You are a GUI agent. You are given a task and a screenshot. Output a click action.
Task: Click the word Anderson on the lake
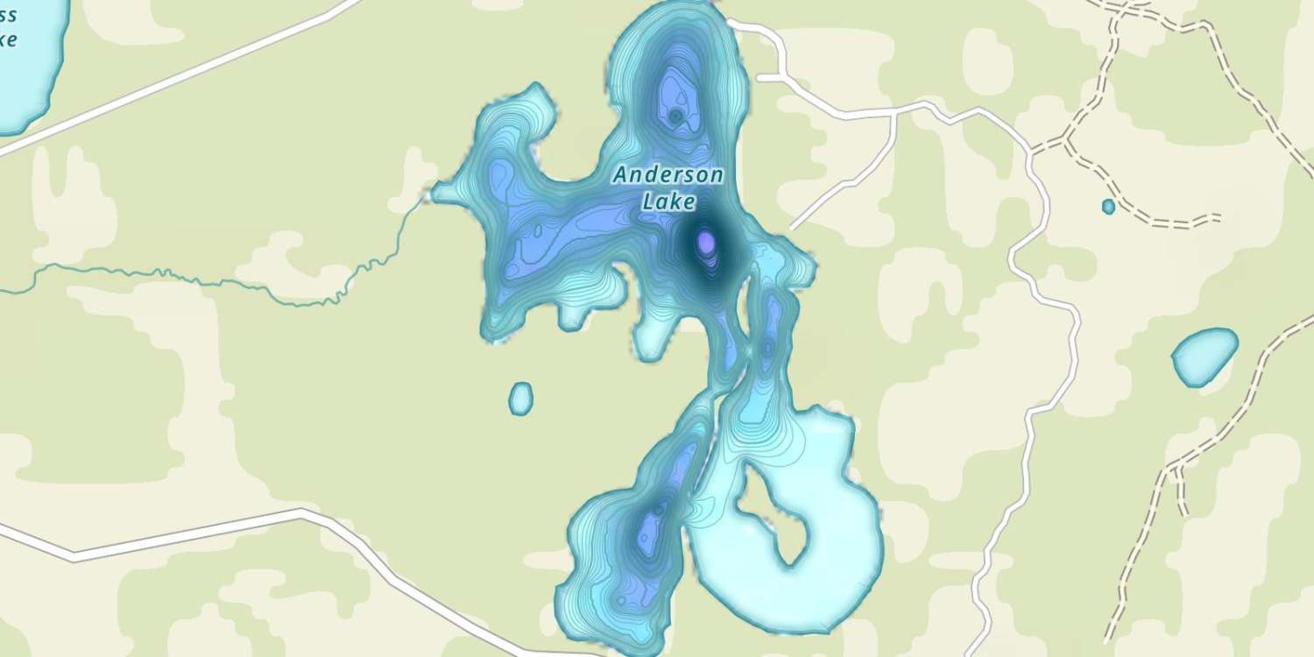[x=668, y=175]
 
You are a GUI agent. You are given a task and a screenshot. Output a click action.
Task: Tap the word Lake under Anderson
[x=668, y=202]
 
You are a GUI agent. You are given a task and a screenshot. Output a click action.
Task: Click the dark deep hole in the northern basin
[x=675, y=115]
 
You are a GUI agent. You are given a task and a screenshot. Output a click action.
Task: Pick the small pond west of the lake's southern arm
[x=520, y=399]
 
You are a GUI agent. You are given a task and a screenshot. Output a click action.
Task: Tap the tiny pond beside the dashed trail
[x=1108, y=207]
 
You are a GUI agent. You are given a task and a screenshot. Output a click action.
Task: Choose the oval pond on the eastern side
[x=1204, y=356]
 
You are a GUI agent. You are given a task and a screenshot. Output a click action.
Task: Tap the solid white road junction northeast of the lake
[x=894, y=113]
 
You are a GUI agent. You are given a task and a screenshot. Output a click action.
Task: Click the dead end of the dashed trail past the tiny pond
[x=1218, y=215]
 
